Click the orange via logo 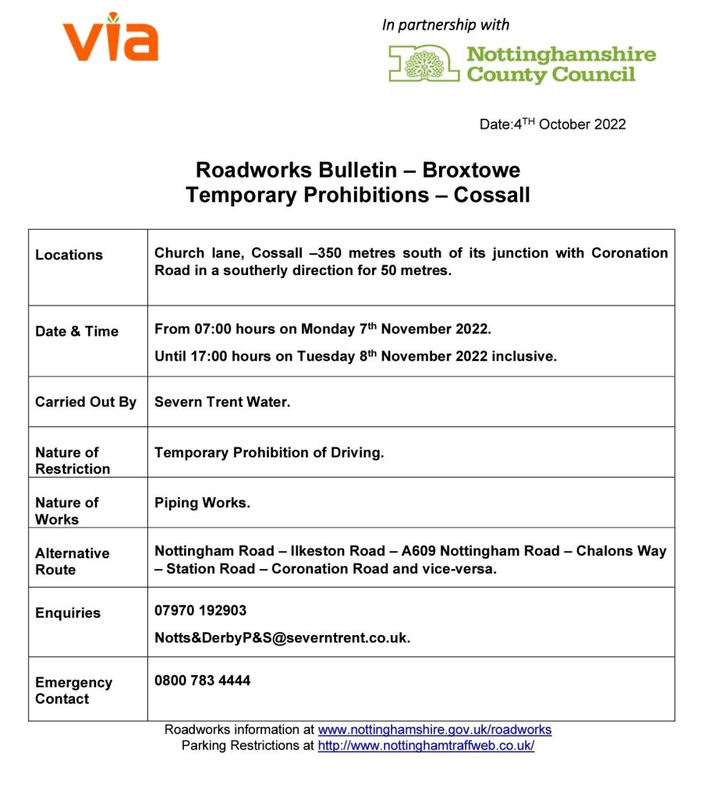click(110, 40)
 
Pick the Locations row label click(69, 255)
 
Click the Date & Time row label click(76, 331)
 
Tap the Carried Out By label click(85, 402)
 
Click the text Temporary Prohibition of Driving click(269, 452)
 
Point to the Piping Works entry click(202, 503)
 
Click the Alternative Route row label click(72, 561)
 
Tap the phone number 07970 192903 click(200, 610)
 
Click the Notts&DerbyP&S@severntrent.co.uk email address click(282, 637)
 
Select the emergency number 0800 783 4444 click(203, 680)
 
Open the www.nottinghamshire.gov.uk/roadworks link click(434, 730)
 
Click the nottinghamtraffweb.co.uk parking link click(426, 746)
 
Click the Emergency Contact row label click(73, 690)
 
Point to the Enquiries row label click(68, 613)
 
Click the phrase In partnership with click(445, 25)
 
